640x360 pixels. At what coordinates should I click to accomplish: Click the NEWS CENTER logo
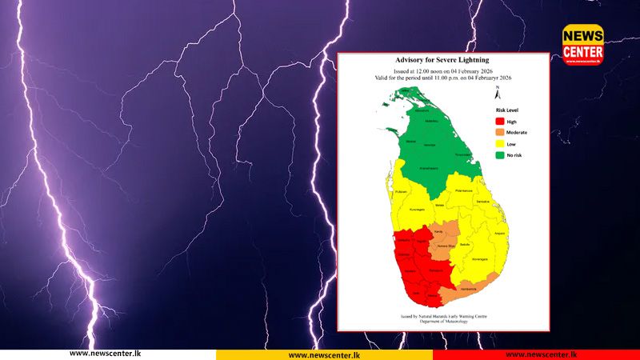tap(582, 45)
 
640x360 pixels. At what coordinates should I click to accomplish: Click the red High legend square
tap(499, 121)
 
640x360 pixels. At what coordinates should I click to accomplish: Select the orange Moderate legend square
tap(499, 132)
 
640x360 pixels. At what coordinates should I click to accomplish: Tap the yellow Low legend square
tap(499, 144)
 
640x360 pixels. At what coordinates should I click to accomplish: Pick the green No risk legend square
tap(499, 155)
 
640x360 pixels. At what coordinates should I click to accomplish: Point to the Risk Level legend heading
tap(509, 110)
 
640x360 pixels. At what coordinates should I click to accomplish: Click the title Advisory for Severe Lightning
tap(442, 60)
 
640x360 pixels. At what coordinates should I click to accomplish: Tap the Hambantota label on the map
tap(468, 289)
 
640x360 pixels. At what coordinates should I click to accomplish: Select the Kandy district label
tap(438, 231)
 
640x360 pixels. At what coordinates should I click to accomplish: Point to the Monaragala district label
tap(480, 260)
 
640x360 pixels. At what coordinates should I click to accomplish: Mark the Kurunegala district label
tap(417, 208)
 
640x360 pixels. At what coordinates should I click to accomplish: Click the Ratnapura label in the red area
tap(435, 271)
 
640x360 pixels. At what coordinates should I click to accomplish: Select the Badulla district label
tap(465, 243)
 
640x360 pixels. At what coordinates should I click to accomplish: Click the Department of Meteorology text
tap(443, 322)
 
